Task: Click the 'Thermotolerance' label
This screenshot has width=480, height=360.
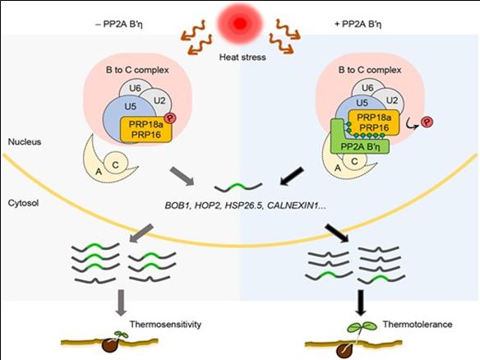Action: click(411, 324)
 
